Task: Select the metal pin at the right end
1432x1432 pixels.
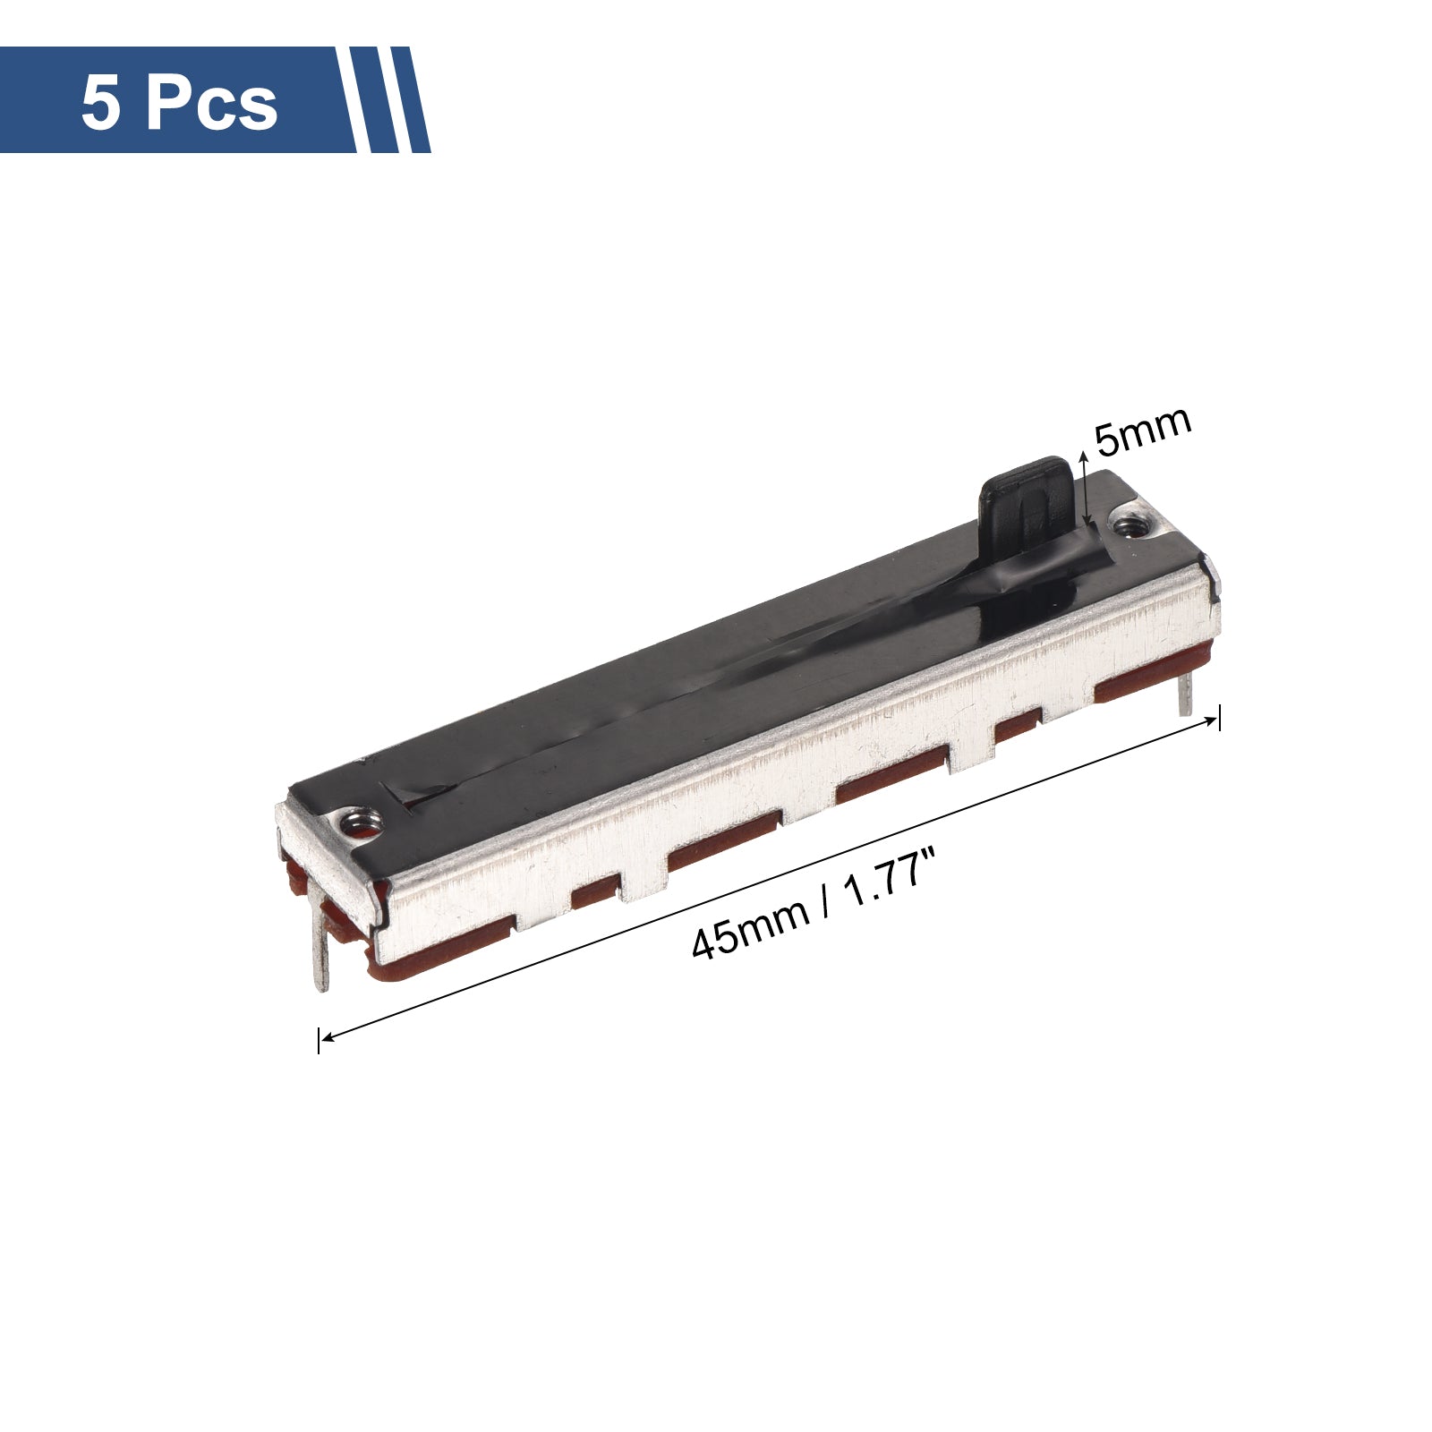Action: [1186, 692]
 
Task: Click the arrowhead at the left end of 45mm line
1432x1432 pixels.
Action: [328, 1036]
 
